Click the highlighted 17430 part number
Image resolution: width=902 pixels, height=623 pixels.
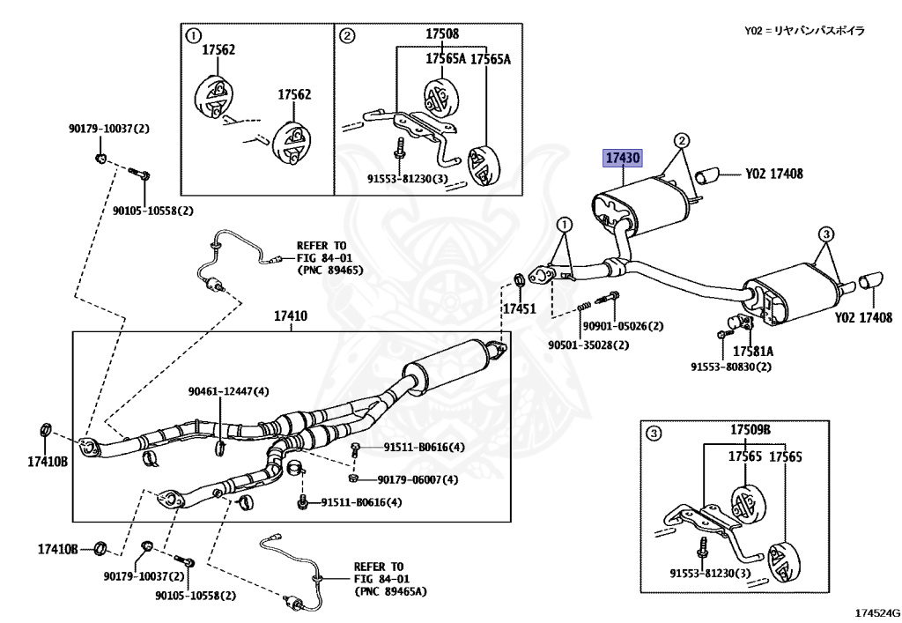(621, 159)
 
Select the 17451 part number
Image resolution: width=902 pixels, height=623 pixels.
(519, 309)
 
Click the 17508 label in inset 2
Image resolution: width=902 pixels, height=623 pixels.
(442, 33)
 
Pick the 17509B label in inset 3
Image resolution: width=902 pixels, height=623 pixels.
(750, 430)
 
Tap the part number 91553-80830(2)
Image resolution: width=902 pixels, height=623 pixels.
(730, 367)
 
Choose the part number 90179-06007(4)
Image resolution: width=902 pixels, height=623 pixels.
(418, 480)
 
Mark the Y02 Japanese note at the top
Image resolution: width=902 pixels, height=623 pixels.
(804, 31)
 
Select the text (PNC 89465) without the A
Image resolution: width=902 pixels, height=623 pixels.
(326, 270)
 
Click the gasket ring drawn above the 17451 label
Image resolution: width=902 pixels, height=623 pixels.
(519, 280)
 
